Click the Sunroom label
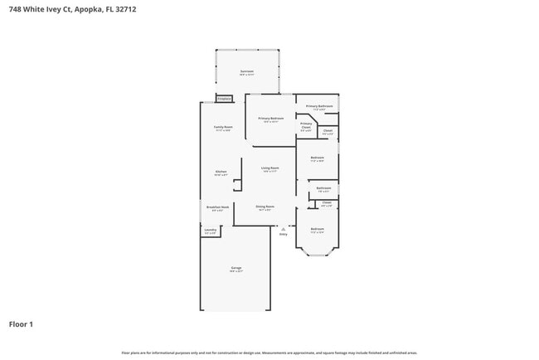pos(247,72)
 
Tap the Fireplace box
pos(224,99)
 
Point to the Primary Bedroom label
pos(271,119)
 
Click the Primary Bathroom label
pos(319,107)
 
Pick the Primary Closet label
pos(306,127)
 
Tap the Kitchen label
pos(221,173)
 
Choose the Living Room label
pos(270,168)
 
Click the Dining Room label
pos(265,207)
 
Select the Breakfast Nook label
pos(217,208)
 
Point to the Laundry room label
pos(210,231)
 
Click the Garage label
pos(236,269)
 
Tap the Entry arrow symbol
pos(284,228)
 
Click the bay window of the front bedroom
pos(318,254)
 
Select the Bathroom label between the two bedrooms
pos(323,188)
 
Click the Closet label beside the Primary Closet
pos(328,131)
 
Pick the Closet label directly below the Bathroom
pos(326,203)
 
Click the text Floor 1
pos(21,324)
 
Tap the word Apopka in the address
pos(94,9)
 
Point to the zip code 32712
pos(127,9)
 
